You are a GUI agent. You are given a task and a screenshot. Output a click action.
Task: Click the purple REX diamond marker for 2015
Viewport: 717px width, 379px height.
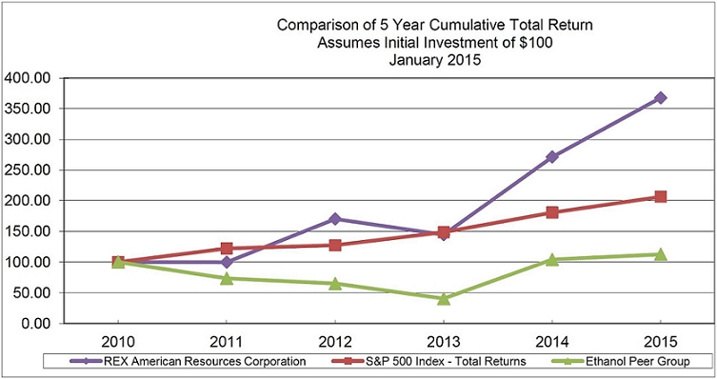(660, 98)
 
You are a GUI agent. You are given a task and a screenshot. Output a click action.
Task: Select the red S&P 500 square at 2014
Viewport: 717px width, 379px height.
(552, 212)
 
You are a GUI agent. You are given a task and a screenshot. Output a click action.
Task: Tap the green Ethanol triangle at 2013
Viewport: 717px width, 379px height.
(444, 299)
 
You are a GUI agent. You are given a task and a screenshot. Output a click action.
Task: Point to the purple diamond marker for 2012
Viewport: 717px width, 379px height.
(335, 219)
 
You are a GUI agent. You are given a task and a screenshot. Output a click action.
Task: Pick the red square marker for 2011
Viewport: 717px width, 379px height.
(227, 249)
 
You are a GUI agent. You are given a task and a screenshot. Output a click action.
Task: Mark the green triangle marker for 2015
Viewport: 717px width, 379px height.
(660, 254)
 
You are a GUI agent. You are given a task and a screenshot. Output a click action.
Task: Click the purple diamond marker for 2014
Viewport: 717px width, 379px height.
(552, 157)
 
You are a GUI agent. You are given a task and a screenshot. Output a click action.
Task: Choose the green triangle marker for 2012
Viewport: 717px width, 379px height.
(335, 284)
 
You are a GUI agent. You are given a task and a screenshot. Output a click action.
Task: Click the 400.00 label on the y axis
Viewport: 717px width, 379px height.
(27, 78)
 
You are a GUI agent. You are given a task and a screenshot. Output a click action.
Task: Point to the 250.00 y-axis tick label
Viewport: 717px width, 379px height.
(27, 170)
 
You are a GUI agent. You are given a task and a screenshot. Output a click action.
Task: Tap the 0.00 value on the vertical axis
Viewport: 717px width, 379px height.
(35, 323)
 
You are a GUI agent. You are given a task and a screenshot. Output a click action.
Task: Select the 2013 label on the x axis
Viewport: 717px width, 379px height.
(444, 342)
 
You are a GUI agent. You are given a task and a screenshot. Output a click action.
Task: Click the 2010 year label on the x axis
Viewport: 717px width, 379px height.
(118, 342)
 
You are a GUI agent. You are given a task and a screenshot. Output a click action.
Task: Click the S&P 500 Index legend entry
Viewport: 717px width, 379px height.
(428, 361)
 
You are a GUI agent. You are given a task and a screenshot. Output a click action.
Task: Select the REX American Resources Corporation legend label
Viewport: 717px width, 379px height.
(188, 361)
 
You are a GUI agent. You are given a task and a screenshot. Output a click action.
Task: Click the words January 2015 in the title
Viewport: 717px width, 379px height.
(435, 60)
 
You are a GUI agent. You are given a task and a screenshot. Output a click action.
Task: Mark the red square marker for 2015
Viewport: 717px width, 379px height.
(660, 196)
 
